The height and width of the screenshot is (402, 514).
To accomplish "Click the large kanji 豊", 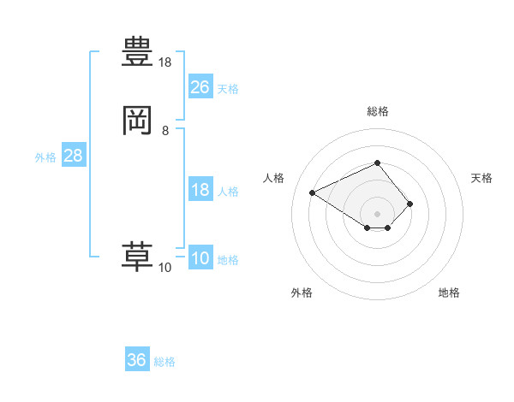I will click(x=137, y=51).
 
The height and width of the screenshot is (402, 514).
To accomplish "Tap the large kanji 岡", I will click(x=137, y=121).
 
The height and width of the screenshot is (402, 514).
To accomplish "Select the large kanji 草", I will click(x=137, y=256).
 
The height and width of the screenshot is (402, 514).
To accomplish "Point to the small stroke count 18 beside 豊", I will click(x=165, y=62).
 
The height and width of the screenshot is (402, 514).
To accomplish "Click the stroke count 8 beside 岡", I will click(x=165, y=131).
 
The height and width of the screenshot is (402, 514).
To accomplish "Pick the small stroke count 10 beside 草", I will click(x=165, y=268).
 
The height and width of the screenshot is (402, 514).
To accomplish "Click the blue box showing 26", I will click(x=200, y=87).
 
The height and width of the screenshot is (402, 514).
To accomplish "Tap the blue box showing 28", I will click(x=73, y=157).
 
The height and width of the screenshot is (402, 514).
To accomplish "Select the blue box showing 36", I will click(x=137, y=361).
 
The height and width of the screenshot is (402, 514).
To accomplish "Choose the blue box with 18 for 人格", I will click(x=200, y=190).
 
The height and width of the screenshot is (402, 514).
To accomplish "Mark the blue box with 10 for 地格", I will click(x=200, y=259).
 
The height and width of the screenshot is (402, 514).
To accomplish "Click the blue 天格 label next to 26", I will click(x=228, y=89).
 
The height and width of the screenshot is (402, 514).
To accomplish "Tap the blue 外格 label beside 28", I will click(x=45, y=157).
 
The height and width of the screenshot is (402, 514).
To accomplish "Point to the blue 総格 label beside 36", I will click(x=164, y=362).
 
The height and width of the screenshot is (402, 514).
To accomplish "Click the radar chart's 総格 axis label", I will click(x=378, y=111).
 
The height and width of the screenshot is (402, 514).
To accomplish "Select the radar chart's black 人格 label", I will click(x=274, y=178).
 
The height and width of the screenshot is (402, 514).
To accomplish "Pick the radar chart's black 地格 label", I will click(x=449, y=293).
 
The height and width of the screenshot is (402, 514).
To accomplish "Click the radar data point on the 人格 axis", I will click(x=313, y=192).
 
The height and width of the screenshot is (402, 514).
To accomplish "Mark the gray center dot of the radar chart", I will click(x=378, y=213).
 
